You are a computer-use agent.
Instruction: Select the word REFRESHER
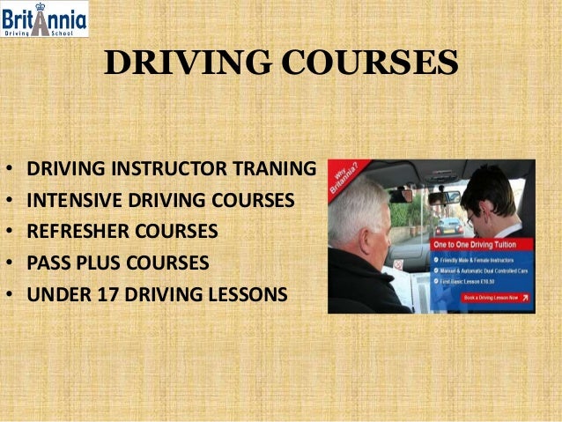point(73,231)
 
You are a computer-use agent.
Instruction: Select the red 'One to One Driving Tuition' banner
point(484,245)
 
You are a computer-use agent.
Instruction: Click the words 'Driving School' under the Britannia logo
point(43,32)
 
